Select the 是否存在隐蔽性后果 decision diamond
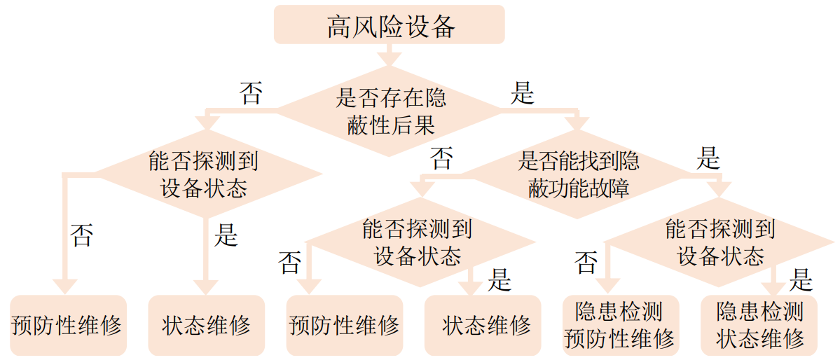coord(390,111)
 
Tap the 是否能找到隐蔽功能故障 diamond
coord(578,174)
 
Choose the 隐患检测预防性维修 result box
coord(619,324)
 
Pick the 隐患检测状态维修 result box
coord(759,324)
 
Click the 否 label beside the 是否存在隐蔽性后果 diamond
coord(251,93)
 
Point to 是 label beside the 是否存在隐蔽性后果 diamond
coord(522,93)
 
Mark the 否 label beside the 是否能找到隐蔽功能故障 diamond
coord(441,159)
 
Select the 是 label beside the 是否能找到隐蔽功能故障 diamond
coord(708,160)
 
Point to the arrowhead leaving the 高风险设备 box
coord(390,59)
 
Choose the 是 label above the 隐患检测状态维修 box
coord(800,281)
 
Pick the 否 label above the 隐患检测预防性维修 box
coord(586,263)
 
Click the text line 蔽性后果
coord(390,124)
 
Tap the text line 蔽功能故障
coord(578,188)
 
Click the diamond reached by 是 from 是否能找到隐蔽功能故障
coord(719,242)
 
